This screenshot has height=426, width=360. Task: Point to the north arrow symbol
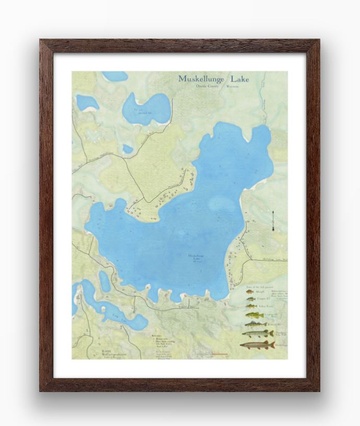(273, 222)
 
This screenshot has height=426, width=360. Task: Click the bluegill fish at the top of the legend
(250, 292)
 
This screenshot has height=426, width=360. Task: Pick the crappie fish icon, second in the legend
(251, 299)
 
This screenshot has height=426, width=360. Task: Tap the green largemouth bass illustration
(254, 315)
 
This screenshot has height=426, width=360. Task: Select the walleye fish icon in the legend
(256, 324)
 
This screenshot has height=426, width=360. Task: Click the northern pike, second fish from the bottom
(257, 333)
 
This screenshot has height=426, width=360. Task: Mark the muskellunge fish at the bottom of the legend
(257, 345)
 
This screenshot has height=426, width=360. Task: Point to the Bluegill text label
(267, 292)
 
